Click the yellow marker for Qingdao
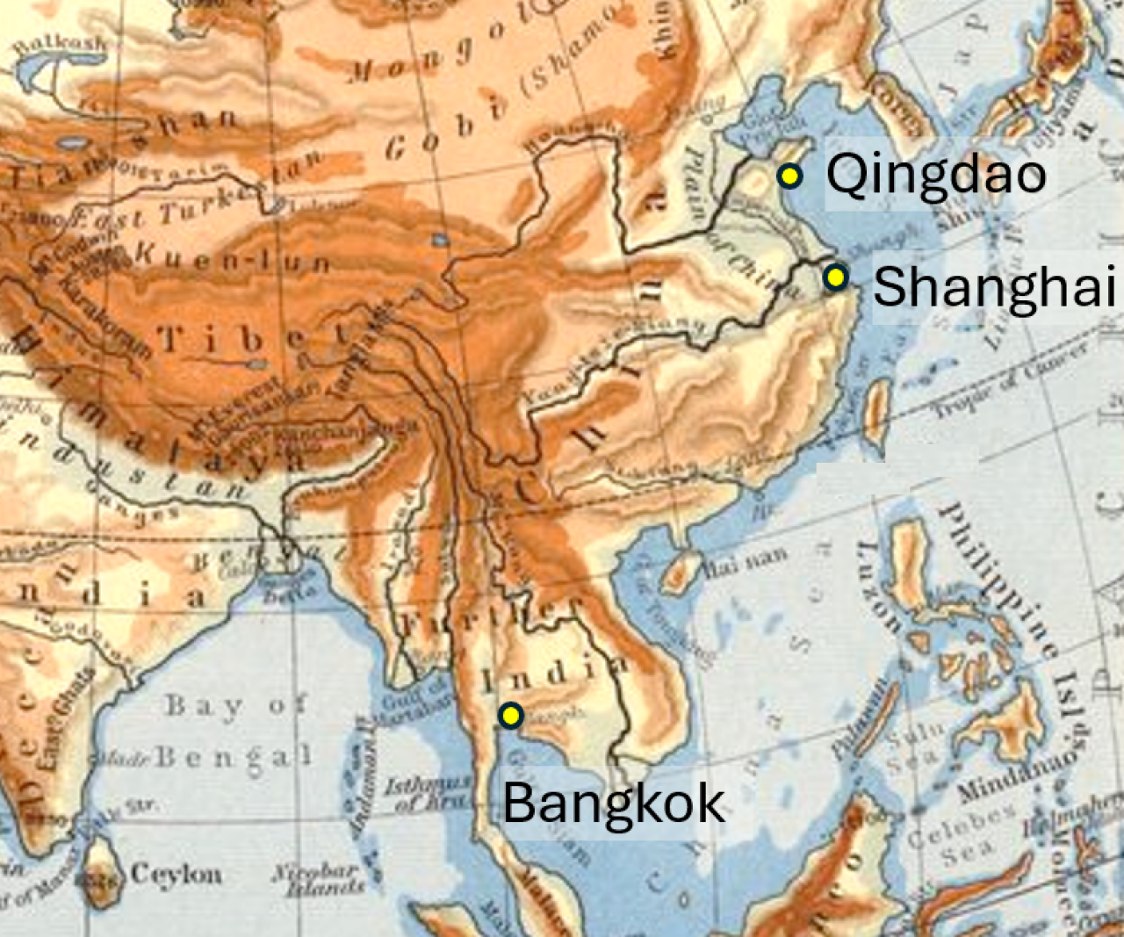(789, 176)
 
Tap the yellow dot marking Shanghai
(835, 278)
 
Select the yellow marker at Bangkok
(510, 716)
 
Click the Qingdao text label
(936, 174)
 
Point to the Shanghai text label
(994, 287)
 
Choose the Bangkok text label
(614, 803)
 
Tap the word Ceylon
(177, 875)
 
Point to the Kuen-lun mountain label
(233, 257)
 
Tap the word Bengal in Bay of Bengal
(233, 757)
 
